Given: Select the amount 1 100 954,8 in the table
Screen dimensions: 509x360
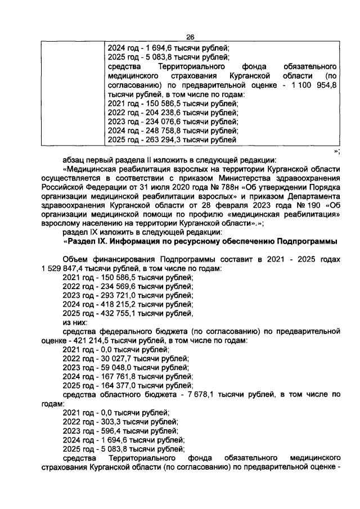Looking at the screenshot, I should point(313,84).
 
